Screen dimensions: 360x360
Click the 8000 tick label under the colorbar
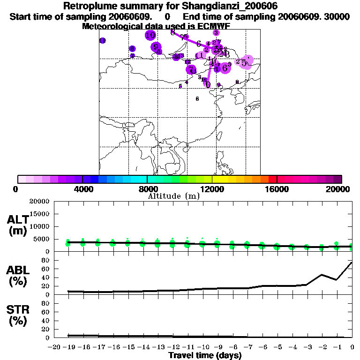click(x=147, y=189)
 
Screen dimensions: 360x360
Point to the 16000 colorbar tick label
click(x=277, y=189)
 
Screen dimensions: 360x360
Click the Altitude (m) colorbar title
click(x=173, y=196)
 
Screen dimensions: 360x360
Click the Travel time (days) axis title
click(x=205, y=355)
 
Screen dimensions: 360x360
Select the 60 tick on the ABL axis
click(x=46, y=269)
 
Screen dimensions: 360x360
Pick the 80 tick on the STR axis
click(x=46, y=303)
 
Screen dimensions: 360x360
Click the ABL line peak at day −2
click(x=322, y=275)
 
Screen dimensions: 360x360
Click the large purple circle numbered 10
click(x=150, y=35)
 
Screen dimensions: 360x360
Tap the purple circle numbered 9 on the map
click(x=156, y=46)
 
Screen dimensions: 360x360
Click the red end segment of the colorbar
click(x=273, y=179)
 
